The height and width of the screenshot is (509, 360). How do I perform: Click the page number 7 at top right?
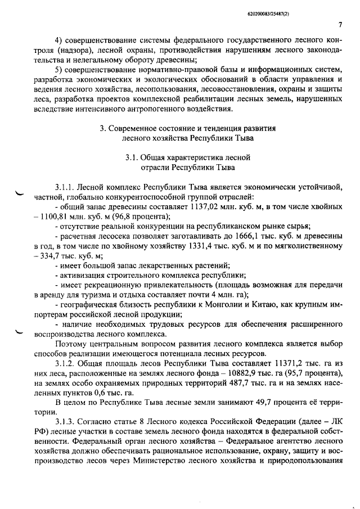341,24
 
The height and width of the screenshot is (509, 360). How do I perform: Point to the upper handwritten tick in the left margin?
21,195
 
